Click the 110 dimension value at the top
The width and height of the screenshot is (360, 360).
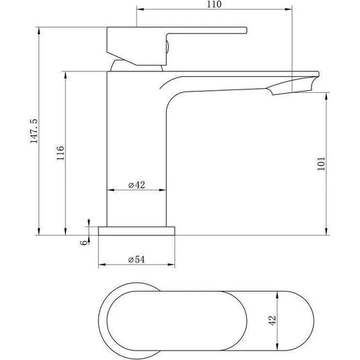(x=214, y=4)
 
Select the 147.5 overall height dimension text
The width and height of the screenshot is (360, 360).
(x=34, y=131)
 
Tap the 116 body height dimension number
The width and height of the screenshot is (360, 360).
(x=61, y=153)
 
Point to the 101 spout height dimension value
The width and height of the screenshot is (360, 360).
(x=321, y=164)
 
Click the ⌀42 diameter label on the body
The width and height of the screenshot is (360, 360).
(x=137, y=185)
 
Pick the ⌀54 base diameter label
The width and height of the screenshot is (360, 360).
(x=137, y=260)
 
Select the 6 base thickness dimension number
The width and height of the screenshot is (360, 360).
(x=85, y=242)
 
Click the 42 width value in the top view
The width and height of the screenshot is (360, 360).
(x=273, y=320)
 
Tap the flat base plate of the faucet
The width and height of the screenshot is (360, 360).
(x=137, y=231)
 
